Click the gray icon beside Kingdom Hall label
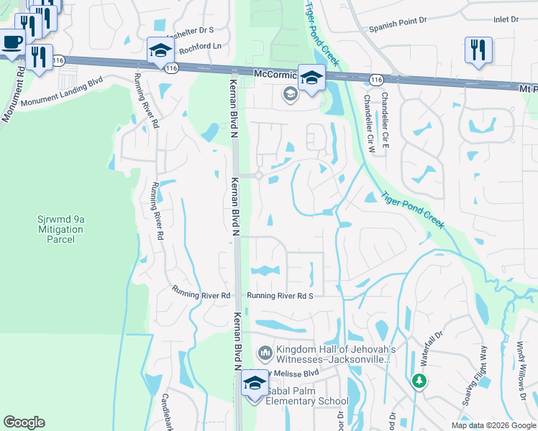coord(264,353)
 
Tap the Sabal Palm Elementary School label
coord(307,396)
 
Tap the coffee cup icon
coord(12,43)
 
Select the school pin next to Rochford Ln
coord(160,51)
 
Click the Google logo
coord(24,422)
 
